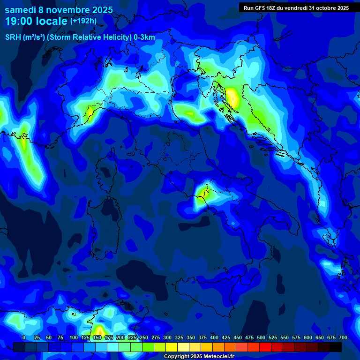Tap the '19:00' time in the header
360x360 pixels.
tap(22, 22)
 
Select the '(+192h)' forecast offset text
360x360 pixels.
tap(83, 21)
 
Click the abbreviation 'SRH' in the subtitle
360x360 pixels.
tap(13, 37)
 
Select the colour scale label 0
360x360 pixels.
tap(24, 337)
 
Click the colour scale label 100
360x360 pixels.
tap(74, 337)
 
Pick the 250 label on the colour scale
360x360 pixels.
tap(144, 337)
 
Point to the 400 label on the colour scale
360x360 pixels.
tap(214, 337)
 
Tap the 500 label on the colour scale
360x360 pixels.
tap(261, 337)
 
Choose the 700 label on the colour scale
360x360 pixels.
tap(343, 337)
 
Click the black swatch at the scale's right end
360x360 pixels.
tap(336, 347)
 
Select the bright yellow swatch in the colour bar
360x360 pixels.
tap(172, 347)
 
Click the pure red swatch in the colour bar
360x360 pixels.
tap(265, 347)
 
